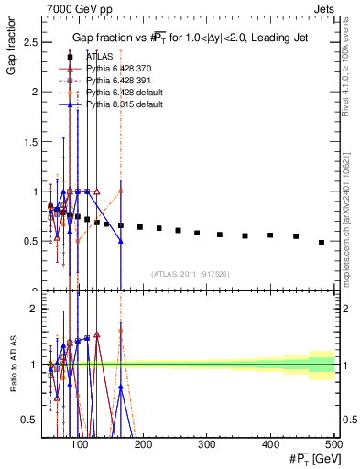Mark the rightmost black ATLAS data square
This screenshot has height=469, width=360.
(x=321, y=242)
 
